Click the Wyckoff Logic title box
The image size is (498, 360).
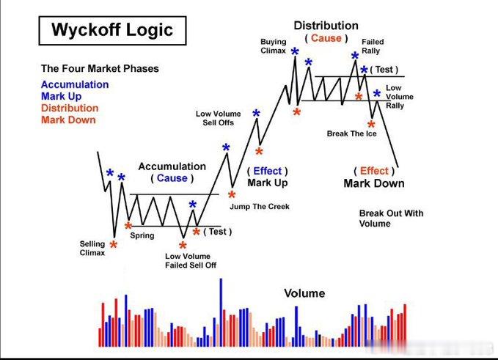(111, 30)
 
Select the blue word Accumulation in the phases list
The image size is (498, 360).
(75, 84)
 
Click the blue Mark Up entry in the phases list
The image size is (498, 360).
(61, 96)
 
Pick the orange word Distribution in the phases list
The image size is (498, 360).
(70, 108)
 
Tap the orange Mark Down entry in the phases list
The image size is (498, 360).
(68, 120)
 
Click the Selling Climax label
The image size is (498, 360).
(92, 248)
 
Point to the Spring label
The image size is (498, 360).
(142, 235)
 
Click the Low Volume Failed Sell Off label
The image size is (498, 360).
(191, 260)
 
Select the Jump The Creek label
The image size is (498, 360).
(259, 206)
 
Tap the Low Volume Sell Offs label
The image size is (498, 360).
(218, 119)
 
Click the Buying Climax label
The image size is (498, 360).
(273, 47)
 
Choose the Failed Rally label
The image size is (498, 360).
(372, 47)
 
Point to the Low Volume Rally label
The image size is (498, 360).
(399, 97)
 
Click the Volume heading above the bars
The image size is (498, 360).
(304, 293)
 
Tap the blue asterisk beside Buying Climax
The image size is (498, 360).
(295, 52)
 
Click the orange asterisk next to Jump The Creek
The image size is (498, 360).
(232, 196)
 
